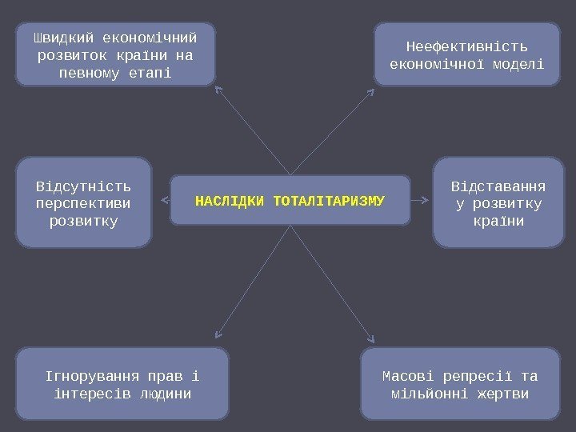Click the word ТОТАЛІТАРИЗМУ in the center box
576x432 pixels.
[329, 199]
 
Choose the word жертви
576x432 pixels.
[500, 394]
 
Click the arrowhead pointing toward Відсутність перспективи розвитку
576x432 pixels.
[165, 199]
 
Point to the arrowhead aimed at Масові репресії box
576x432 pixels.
[372, 339]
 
